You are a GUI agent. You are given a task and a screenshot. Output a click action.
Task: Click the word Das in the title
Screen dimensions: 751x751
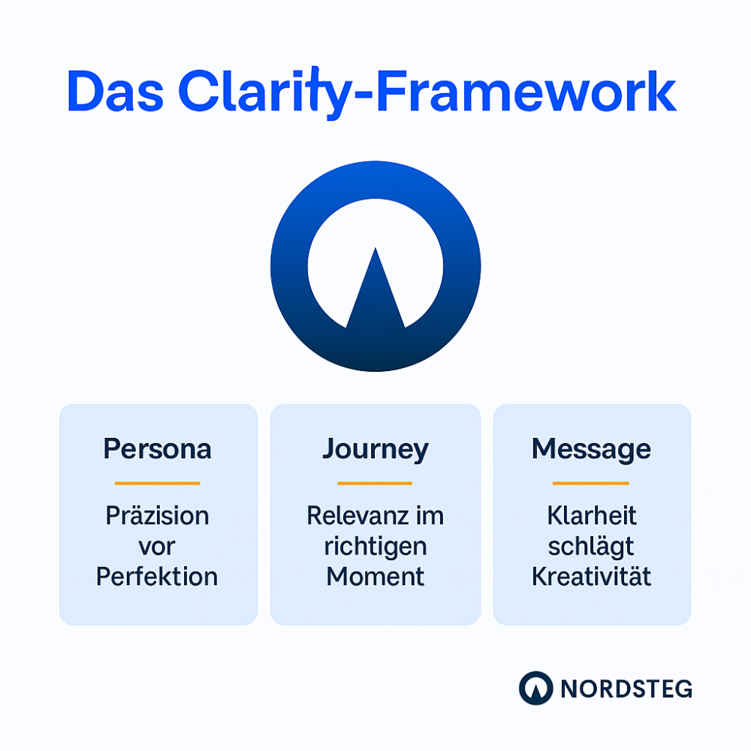click(x=116, y=91)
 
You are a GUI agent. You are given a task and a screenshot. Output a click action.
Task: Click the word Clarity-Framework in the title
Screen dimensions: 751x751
click(x=428, y=93)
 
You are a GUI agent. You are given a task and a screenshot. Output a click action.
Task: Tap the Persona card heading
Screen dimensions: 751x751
click(x=158, y=449)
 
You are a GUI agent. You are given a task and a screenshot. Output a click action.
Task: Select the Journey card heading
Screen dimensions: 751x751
click(x=375, y=450)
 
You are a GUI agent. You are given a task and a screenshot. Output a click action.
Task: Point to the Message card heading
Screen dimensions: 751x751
click(x=592, y=450)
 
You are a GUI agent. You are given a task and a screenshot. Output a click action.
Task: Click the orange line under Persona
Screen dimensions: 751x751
click(x=158, y=483)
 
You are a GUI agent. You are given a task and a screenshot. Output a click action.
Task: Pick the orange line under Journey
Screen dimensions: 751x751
click(x=375, y=483)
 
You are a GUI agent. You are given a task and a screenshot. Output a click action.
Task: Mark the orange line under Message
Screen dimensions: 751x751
click(x=590, y=483)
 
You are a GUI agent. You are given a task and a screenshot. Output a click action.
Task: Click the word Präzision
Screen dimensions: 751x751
click(x=158, y=516)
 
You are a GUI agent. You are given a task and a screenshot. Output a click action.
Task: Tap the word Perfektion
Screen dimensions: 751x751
click(x=157, y=576)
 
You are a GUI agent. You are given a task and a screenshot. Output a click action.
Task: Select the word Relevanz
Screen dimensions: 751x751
click(x=358, y=516)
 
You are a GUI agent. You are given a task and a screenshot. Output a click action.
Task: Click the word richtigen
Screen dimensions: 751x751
click(x=375, y=547)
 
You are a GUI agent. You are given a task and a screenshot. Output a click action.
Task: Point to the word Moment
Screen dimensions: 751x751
click(x=375, y=576)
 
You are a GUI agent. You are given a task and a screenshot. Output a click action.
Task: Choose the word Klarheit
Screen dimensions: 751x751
click(x=592, y=516)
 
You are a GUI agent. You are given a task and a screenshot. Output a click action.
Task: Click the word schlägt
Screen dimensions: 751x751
click(x=591, y=547)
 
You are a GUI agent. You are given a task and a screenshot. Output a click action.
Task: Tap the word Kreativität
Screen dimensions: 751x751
click(x=592, y=576)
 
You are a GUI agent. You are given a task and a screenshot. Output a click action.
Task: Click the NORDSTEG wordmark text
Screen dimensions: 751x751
click(x=626, y=689)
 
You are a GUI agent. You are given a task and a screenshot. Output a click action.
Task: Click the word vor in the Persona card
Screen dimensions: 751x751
click(x=157, y=547)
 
